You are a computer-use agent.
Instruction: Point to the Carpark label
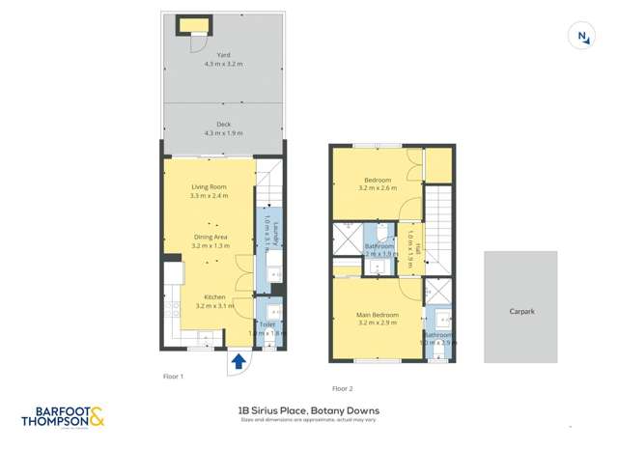(521, 312)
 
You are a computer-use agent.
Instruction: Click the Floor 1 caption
(174, 376)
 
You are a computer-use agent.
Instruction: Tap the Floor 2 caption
(343, 388)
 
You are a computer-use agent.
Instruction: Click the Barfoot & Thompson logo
(64, 417)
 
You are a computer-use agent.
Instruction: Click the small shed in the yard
(193, 25)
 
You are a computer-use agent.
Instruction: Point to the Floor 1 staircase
(269, 183)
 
